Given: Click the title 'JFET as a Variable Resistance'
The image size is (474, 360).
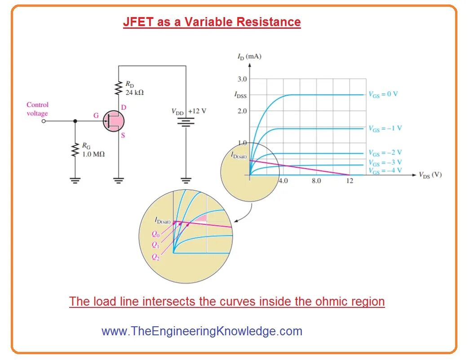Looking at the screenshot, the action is [212, 22].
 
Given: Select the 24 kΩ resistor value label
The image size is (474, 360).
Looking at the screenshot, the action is [134, 93].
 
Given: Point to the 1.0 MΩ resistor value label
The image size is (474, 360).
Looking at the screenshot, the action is [93, 154].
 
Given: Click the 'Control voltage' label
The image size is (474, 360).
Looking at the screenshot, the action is [37, 109].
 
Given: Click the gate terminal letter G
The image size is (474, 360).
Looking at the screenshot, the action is [96, 116].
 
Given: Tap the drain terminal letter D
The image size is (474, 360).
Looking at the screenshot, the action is [124, 107].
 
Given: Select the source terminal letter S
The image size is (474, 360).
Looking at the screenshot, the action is [123, 135].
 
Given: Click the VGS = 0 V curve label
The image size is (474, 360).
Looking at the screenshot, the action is [383, 94].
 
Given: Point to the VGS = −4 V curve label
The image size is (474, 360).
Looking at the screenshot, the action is [385, 171].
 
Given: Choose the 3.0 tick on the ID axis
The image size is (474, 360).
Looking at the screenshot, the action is [242, 79].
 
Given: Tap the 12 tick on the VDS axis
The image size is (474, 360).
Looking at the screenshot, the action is [350, 181].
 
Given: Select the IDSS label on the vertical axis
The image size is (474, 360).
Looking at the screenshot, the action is [240, 95].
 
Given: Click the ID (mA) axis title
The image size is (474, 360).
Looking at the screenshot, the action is [249, 57].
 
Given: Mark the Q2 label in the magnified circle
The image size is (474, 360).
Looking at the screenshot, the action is [155, 257].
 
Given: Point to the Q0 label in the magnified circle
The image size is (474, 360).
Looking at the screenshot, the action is [155, 234].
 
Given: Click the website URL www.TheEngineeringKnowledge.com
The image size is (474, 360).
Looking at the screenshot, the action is [202, 331].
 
